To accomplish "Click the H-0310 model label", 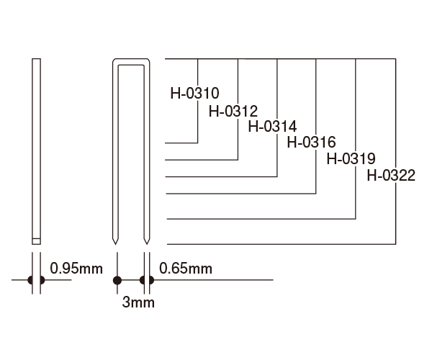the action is click(195, 94).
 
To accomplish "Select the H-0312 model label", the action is click(233, 112).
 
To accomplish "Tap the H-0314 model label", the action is click(272, 127).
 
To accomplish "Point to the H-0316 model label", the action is click(311, 142).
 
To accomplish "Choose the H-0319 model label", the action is click(351, 158).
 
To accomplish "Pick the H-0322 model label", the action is click(391, 176).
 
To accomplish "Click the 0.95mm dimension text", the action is click(76, 269).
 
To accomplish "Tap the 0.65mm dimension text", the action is click(186, 269).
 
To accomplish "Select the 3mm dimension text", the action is click(138, 302).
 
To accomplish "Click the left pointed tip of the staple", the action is click(115, 244).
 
